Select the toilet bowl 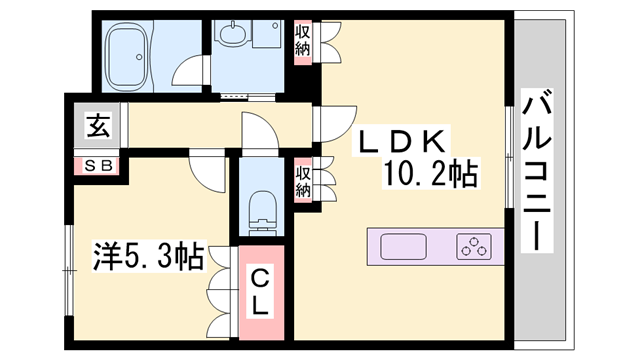point(261,205)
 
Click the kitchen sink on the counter point(403,245)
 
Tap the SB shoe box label point(96,165)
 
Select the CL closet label point(259,291)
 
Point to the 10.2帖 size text point(430,176)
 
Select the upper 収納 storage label point(302,40)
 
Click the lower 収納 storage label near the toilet point(302,181)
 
